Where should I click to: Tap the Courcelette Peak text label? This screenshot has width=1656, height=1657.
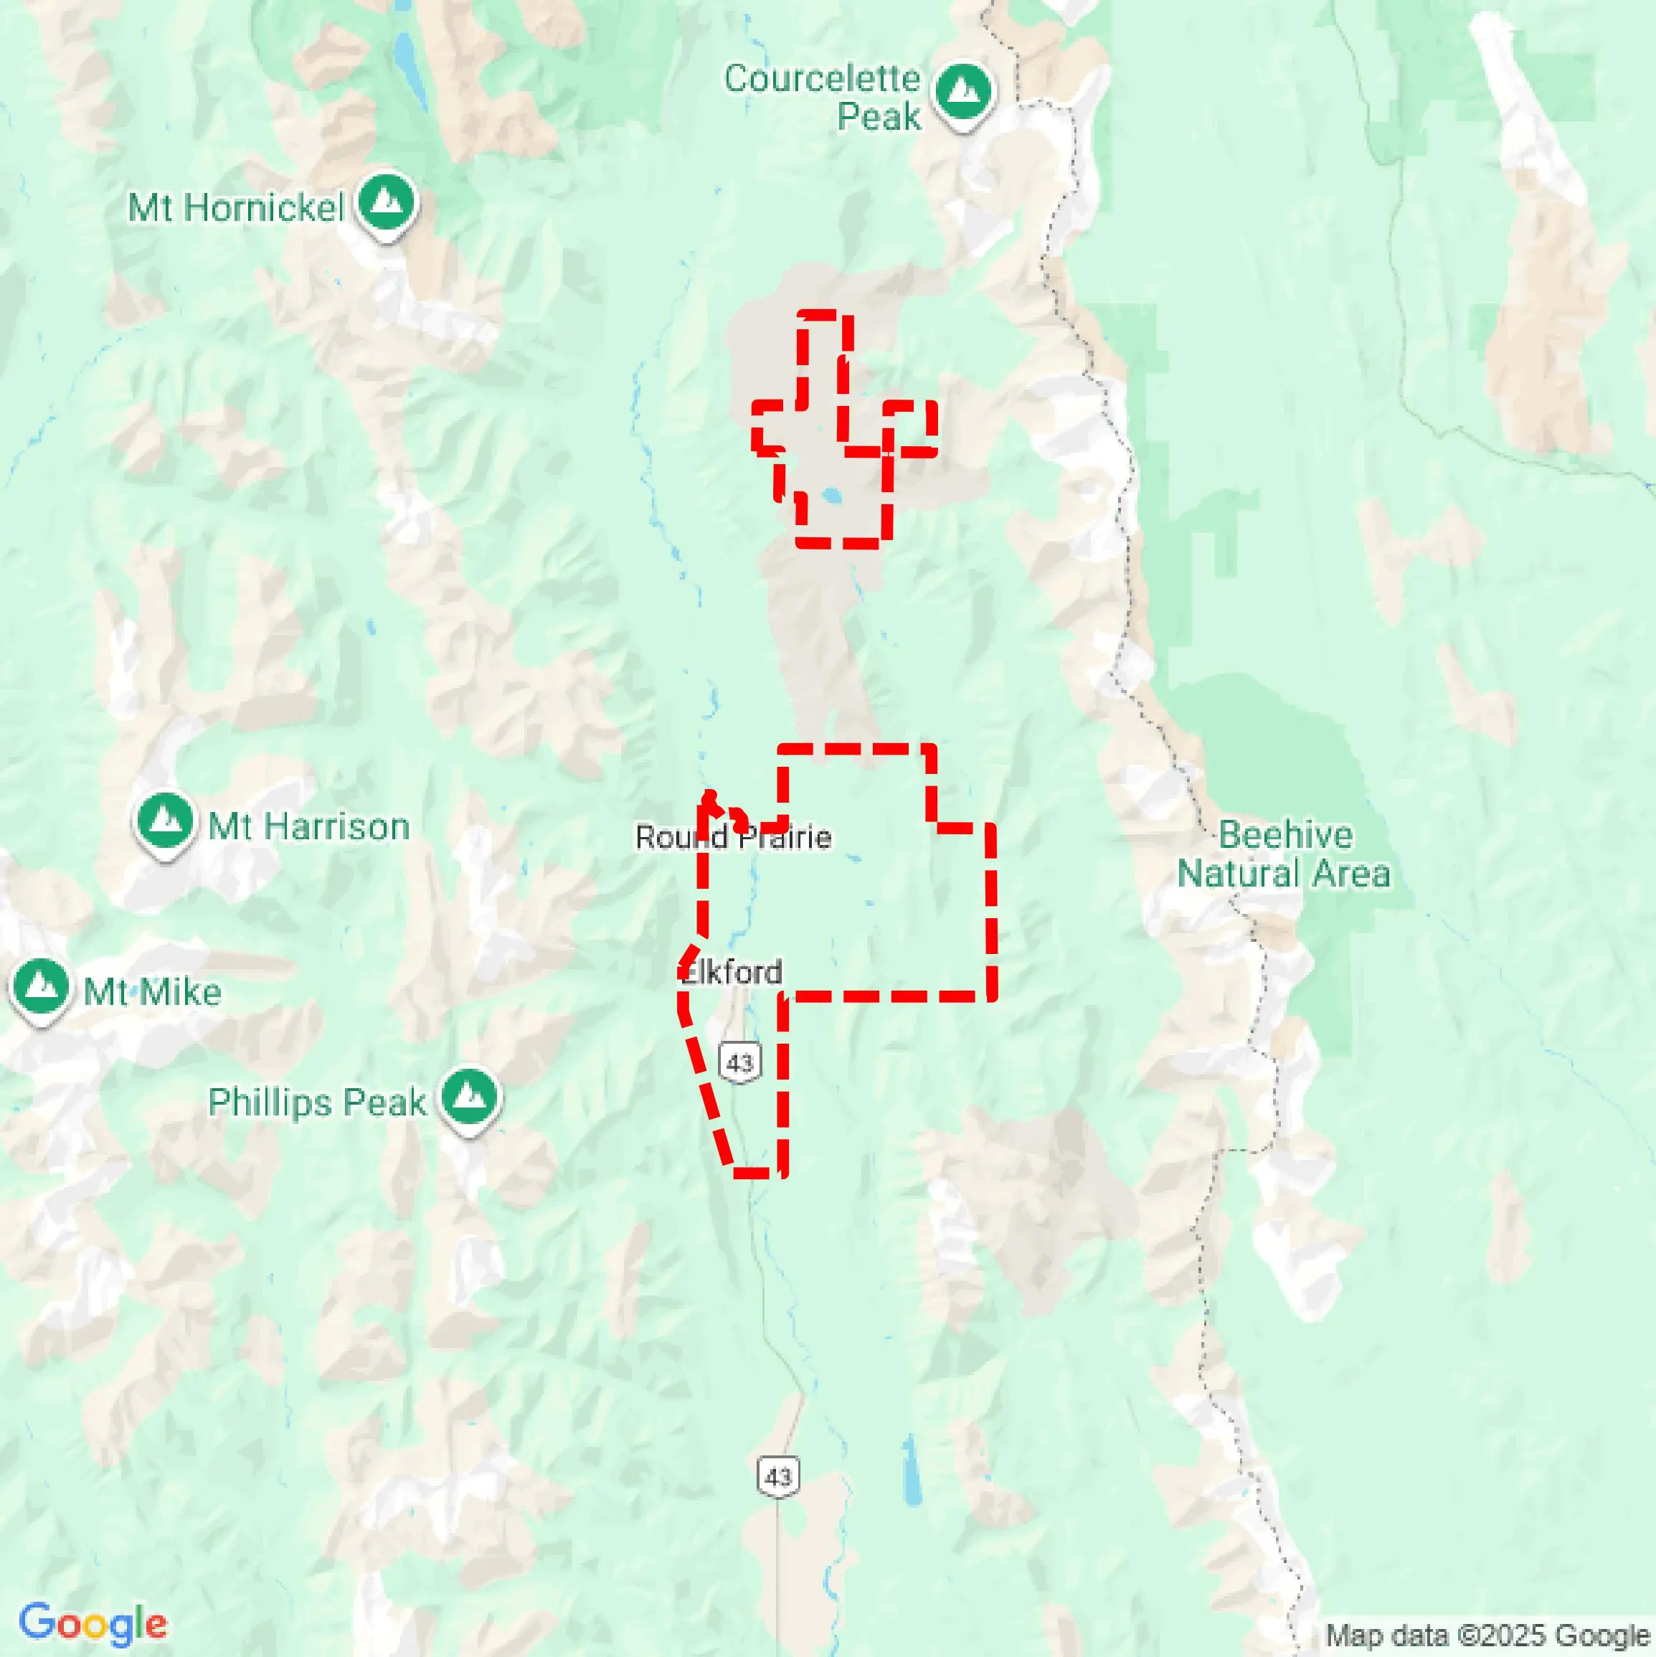coord(823,97)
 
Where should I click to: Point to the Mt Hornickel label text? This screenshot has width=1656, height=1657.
coord(236,207)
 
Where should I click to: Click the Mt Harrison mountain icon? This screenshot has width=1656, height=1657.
coord(165,821)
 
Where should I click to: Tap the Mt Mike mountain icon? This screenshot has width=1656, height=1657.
coord(40,986)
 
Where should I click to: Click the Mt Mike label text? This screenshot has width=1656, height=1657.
coord(153,992)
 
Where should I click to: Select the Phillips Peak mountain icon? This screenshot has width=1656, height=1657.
coord(468,1097)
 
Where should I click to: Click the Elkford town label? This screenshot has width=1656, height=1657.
coord(732,973)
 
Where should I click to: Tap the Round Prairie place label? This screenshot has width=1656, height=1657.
coord(733,837)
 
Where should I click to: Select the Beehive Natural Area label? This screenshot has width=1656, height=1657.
coord(1284,854)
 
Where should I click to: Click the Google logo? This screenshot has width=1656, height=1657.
coord(93,1622)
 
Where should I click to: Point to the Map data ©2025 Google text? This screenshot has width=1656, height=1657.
coord(1488,1635)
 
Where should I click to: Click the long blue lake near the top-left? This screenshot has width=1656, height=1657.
coord(410,65)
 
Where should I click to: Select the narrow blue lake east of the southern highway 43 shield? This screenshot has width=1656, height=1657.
coord(911,1468)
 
